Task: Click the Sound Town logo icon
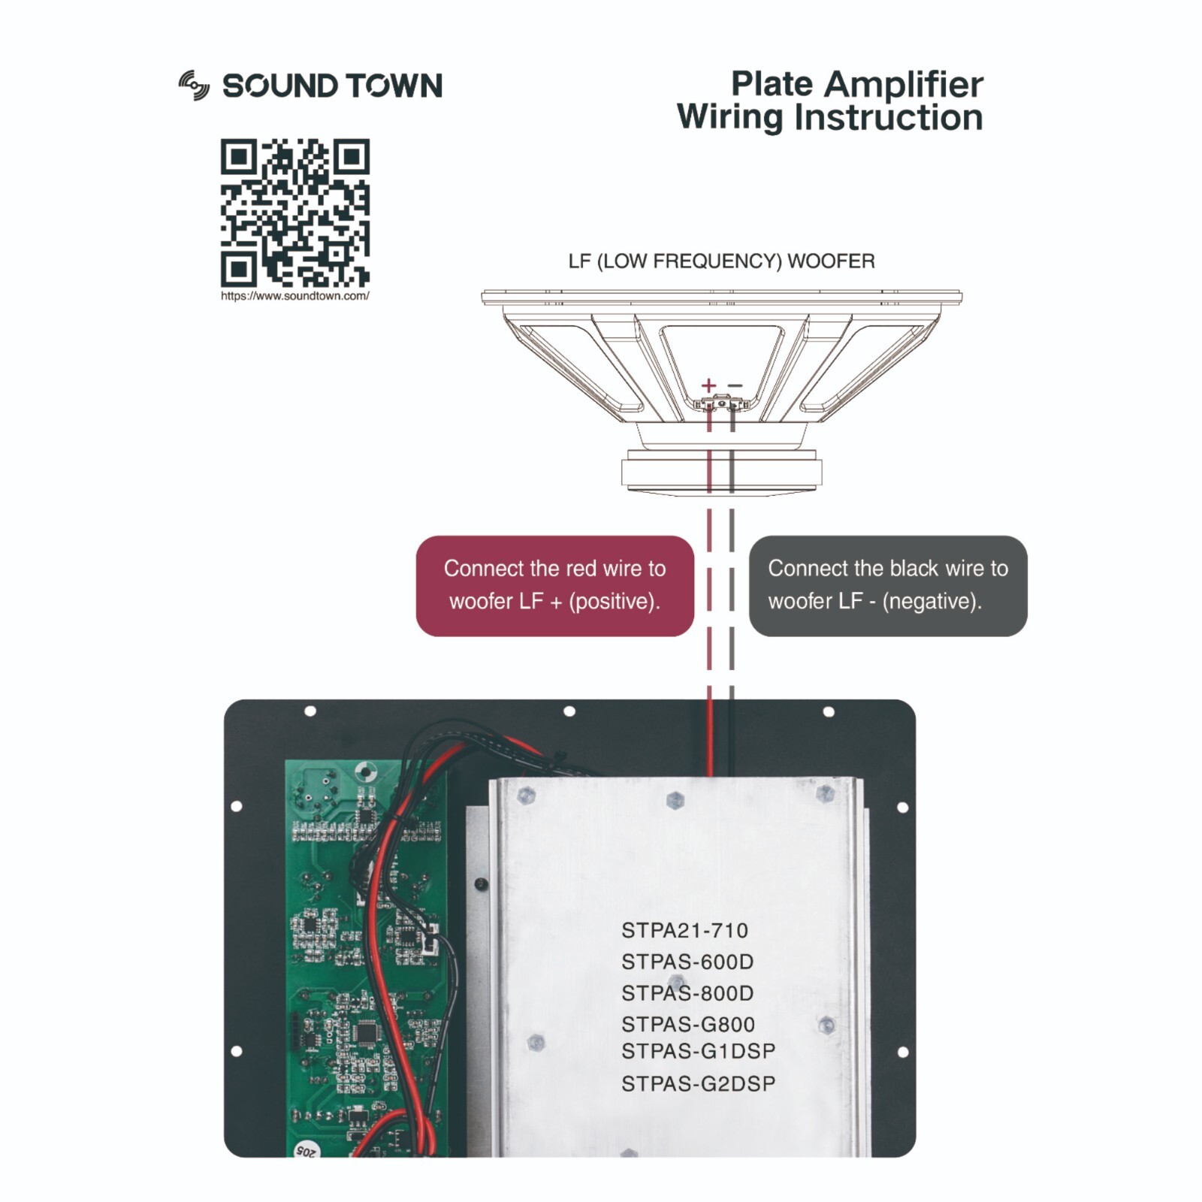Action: pos(194,86)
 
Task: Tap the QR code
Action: pos(294,213)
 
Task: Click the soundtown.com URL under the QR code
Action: pos(294,296)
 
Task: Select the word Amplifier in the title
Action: pos(903,84)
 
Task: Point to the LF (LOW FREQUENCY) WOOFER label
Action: pos(721,261)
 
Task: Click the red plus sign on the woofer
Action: pos(708,385)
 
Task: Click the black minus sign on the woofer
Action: pos(735,385)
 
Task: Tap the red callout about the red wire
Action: pos(554,585)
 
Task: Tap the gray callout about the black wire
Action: pos(887,585)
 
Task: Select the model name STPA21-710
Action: pos(684,931)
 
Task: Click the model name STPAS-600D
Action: pos(687,962)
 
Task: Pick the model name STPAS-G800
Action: pos(687,1025)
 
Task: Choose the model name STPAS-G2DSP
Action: pos(698,1084)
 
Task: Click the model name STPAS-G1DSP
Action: pos(698,1052)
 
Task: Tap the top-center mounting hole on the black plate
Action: pos(569,711)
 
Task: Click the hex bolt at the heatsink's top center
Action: pos(675,800)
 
